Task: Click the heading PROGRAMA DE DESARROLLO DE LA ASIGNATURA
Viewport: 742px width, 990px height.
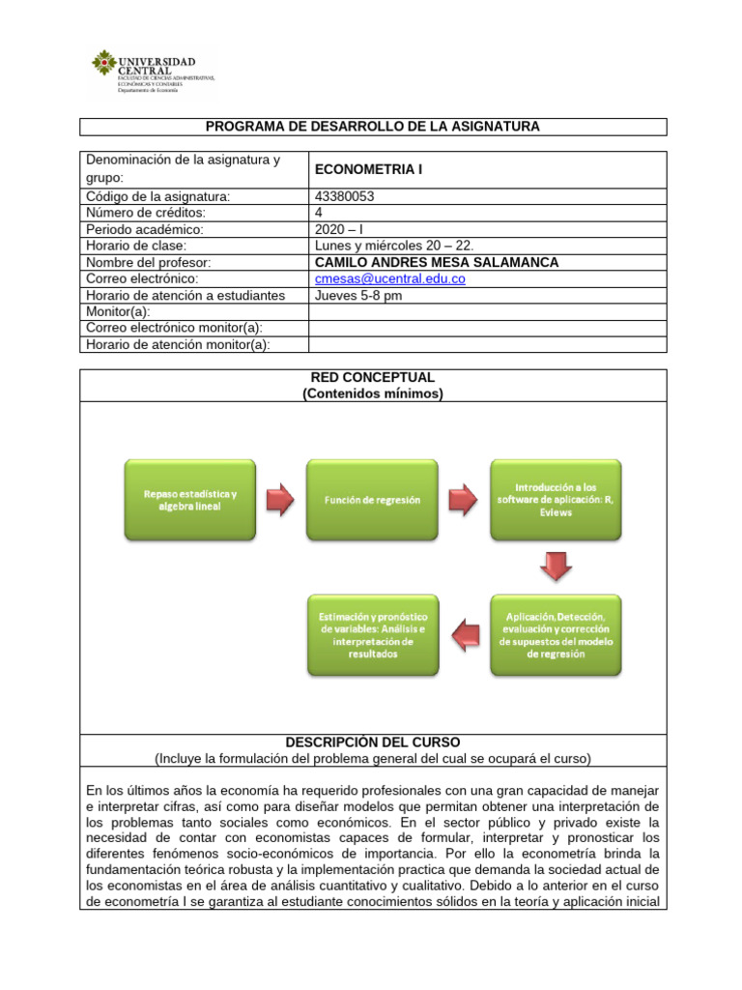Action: pos(372,127)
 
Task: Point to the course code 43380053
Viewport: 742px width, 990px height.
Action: pos(345,196)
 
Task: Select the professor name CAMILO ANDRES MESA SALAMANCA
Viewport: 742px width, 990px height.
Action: pos(437,262)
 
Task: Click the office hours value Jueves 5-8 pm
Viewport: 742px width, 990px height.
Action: pos(358,295)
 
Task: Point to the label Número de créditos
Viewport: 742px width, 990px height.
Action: pos(146,213)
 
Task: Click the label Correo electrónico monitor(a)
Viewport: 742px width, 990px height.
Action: pos(174,328)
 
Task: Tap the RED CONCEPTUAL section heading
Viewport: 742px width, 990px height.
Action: pos(372,377)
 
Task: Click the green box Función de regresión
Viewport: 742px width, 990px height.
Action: pos(372,500)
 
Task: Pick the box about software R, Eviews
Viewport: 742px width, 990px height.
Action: pos(555,500)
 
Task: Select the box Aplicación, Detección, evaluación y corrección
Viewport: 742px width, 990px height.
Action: pos(555,634)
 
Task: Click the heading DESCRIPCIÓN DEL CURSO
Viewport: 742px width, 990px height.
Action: pos(372,742)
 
